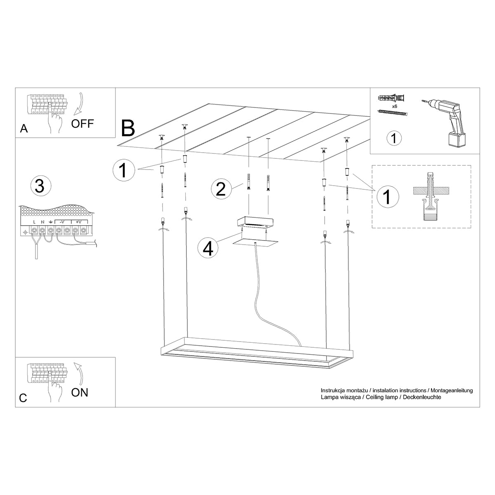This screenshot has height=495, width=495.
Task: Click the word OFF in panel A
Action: pos(82,123)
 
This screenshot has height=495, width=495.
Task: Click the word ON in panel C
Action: pos(80,392)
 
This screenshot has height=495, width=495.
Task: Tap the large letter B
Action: pos(128,128)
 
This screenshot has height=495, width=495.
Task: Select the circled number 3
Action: pos(40,186)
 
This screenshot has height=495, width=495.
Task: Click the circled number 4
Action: pos(208,248)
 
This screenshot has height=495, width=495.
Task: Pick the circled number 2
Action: pos(221,189)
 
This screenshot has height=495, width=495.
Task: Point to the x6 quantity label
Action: pos(394,106)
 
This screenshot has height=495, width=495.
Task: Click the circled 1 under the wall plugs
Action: pos(394,138)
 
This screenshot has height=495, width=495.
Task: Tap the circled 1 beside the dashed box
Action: pos(387,196)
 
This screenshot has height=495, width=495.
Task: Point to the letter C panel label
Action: pos(23,398)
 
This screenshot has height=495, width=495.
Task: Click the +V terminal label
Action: pos(78,222)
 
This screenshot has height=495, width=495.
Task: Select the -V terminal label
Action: pos(60,222)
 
